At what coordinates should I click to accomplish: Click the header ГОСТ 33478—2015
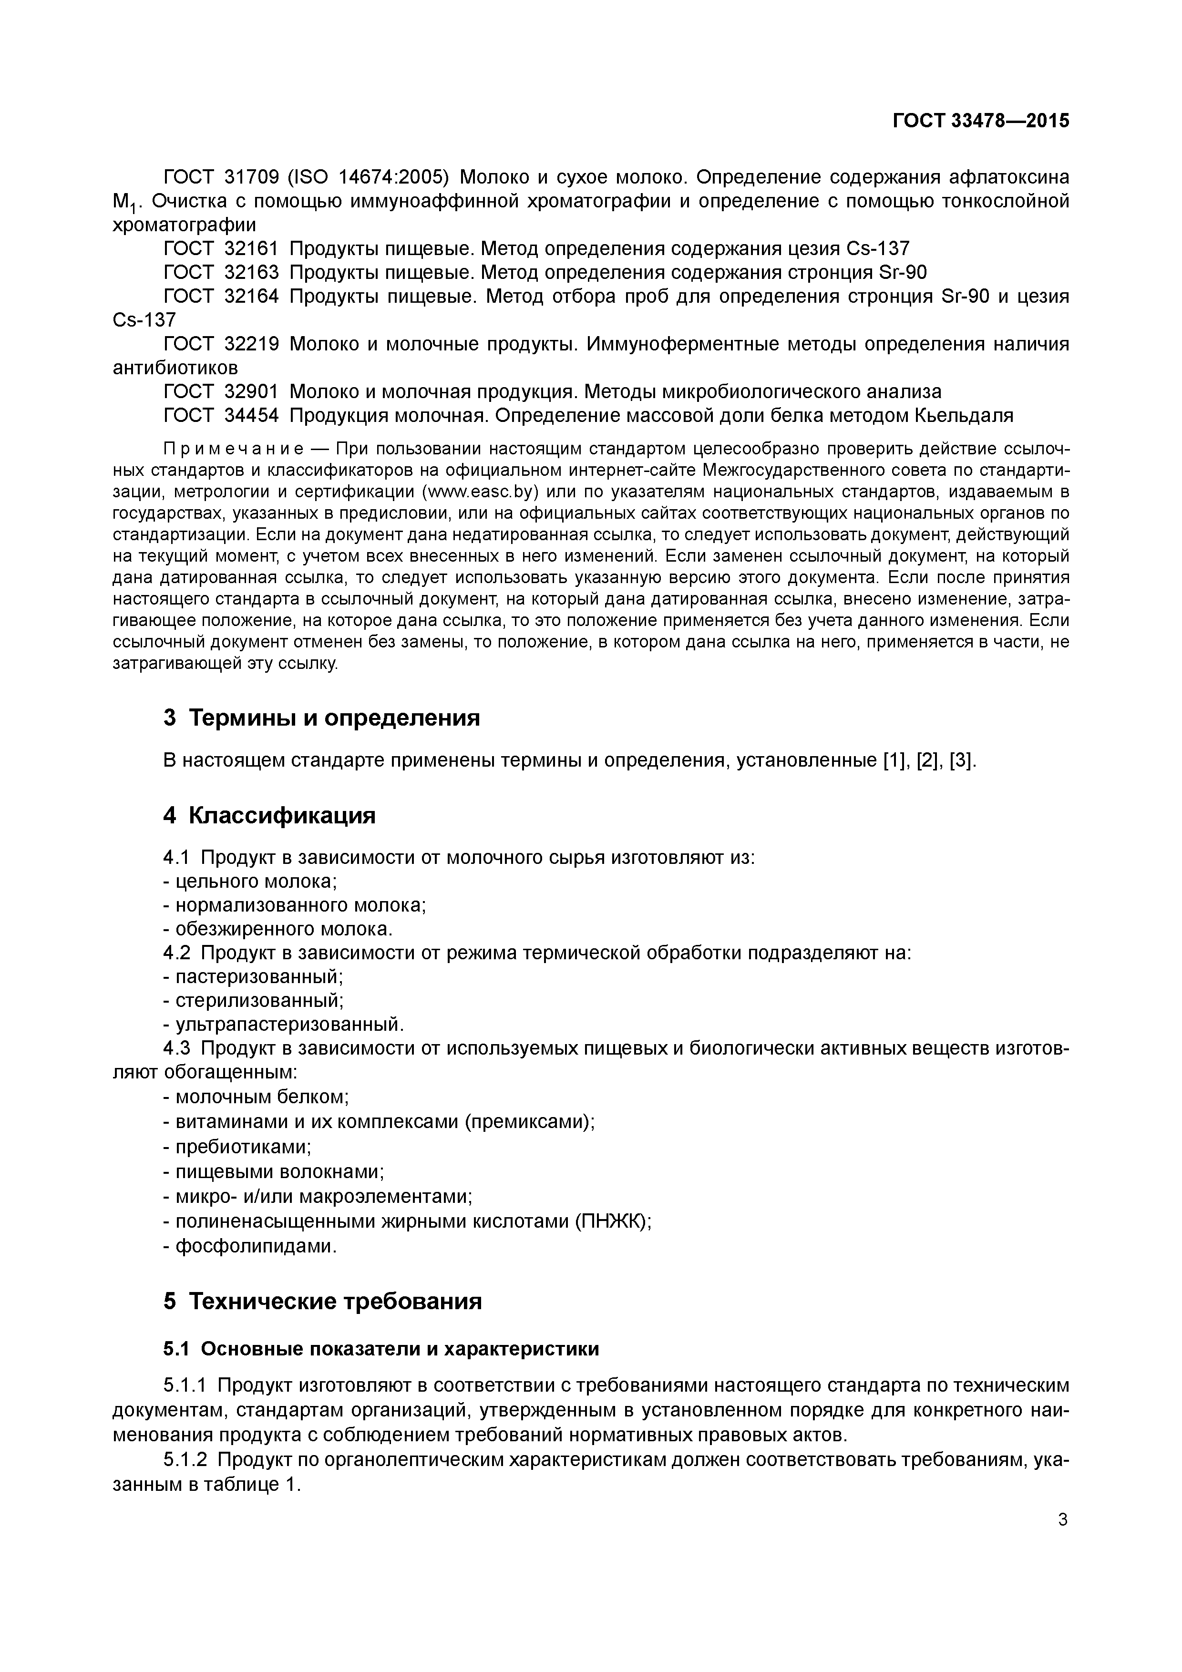(980, 121)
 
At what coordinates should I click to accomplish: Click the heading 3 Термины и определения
(321, 718)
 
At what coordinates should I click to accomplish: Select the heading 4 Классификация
(269, 816)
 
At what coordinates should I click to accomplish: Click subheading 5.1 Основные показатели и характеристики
(381, 1349)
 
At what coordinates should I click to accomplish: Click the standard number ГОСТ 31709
(221, 177)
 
